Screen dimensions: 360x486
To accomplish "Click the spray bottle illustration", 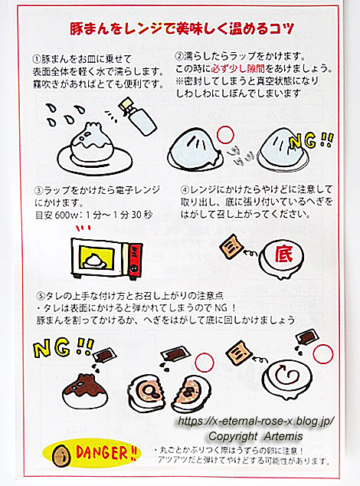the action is [x=137, y=116].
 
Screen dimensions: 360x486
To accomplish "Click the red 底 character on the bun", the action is [x=283, y=255].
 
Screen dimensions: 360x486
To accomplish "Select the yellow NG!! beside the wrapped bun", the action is [x=310, y=141].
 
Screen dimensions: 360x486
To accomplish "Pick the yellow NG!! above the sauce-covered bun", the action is [x=64, y=346].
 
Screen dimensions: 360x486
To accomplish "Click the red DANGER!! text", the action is [x=106, y=453].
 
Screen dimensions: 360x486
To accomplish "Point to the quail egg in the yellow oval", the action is [x=60, y=455].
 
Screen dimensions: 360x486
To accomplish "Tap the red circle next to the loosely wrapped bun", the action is [x=225, y=135].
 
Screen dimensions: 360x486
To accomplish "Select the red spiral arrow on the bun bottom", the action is [x=287, y=376].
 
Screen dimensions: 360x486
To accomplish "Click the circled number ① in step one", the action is [x=37, y=59].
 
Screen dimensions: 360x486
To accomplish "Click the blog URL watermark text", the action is [x=256, y=421].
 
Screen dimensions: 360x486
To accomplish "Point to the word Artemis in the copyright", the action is [x=283, y=436].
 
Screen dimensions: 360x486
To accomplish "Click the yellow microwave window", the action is [x=95, y=258].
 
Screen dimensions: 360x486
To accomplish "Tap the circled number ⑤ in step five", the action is [x=41, y=295].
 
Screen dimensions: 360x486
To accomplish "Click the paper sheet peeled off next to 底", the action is [x=231, y=247].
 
